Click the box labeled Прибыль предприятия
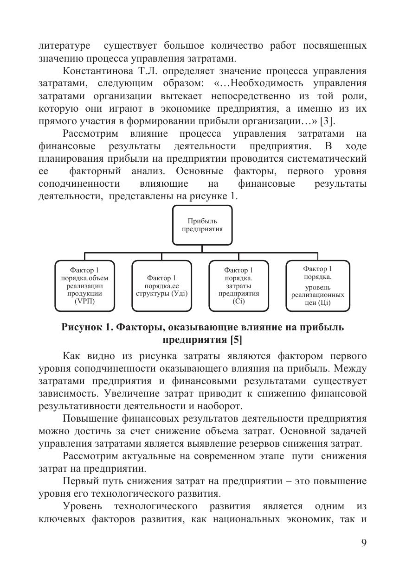pyautogui.click(x=202, y=225)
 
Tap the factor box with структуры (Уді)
pyautogui.click(x=161, y=286)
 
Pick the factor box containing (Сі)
pyautogui.click(x=238, y=286)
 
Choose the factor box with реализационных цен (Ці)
pyautogui.click(x=317, y=286)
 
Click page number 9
pyautogui.click(x=363, y=543)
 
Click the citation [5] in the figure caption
pyautogui.click(x=235, y=340)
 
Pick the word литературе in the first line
pyautogui.click(x=64, y=46)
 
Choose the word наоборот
pyautogui.click(x=219, y=406)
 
